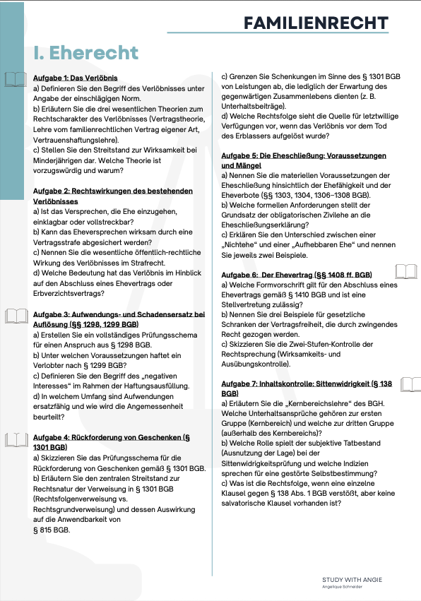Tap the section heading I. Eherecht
click(86, 52)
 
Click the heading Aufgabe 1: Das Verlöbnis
click(76, 78)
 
